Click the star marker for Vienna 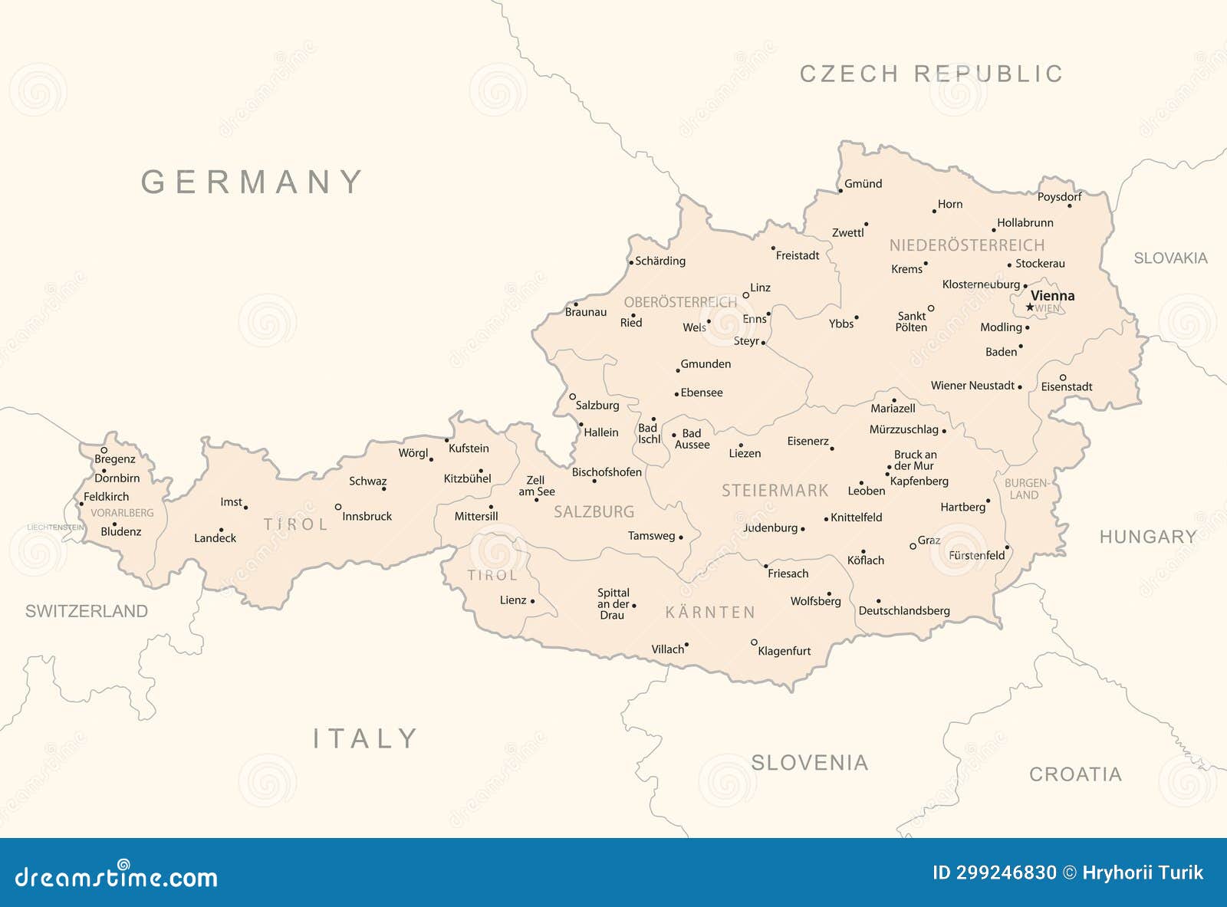click(1030, 307)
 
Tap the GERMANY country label click(252, 182)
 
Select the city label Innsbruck click(367, 516)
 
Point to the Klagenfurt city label click(784, 651)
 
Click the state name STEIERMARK click(775, 491)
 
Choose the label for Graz click(929, 540)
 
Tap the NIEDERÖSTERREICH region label click(966, 245)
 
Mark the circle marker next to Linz click(745, 295)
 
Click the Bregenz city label click(115, 459)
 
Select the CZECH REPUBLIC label click(931, 74)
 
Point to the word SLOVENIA click(809, 762)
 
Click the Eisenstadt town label click(1066, 387)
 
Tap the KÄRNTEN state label click(710, 613)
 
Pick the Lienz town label click(513, 600)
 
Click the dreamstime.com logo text click(117, 876)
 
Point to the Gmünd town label click(863, 184)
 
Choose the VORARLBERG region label click(122, 513)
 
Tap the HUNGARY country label click(1147, 537)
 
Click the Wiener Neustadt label click(972, 386)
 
